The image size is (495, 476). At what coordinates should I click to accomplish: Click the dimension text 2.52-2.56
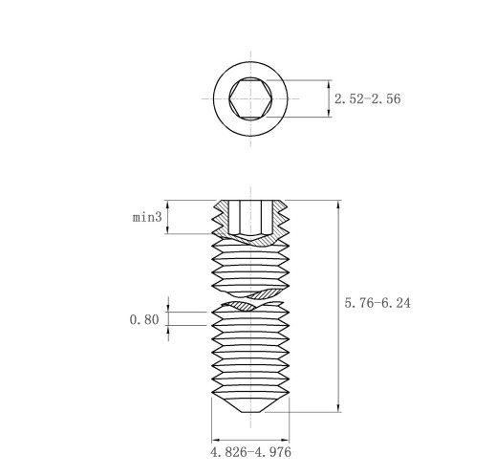[x=367, y=98]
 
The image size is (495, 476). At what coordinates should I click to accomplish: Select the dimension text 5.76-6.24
[x=377, y=303]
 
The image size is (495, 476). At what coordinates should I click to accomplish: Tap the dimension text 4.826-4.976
[x=250, y=452]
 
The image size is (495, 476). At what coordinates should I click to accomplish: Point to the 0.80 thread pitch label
[x=144, y=319]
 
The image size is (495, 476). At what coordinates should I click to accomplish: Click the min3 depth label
[x=147, y=217]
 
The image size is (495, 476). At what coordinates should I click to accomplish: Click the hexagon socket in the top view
[x=250, y=98]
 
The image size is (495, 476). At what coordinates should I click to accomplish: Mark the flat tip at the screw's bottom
[x=250, y=412]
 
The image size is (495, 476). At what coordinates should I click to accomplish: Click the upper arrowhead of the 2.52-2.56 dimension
[x=329, y=84]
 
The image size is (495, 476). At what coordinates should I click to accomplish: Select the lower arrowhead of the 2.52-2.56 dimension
[x=329, y=113]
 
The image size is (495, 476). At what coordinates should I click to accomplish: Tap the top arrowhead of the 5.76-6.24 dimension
[x=338, y=205]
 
